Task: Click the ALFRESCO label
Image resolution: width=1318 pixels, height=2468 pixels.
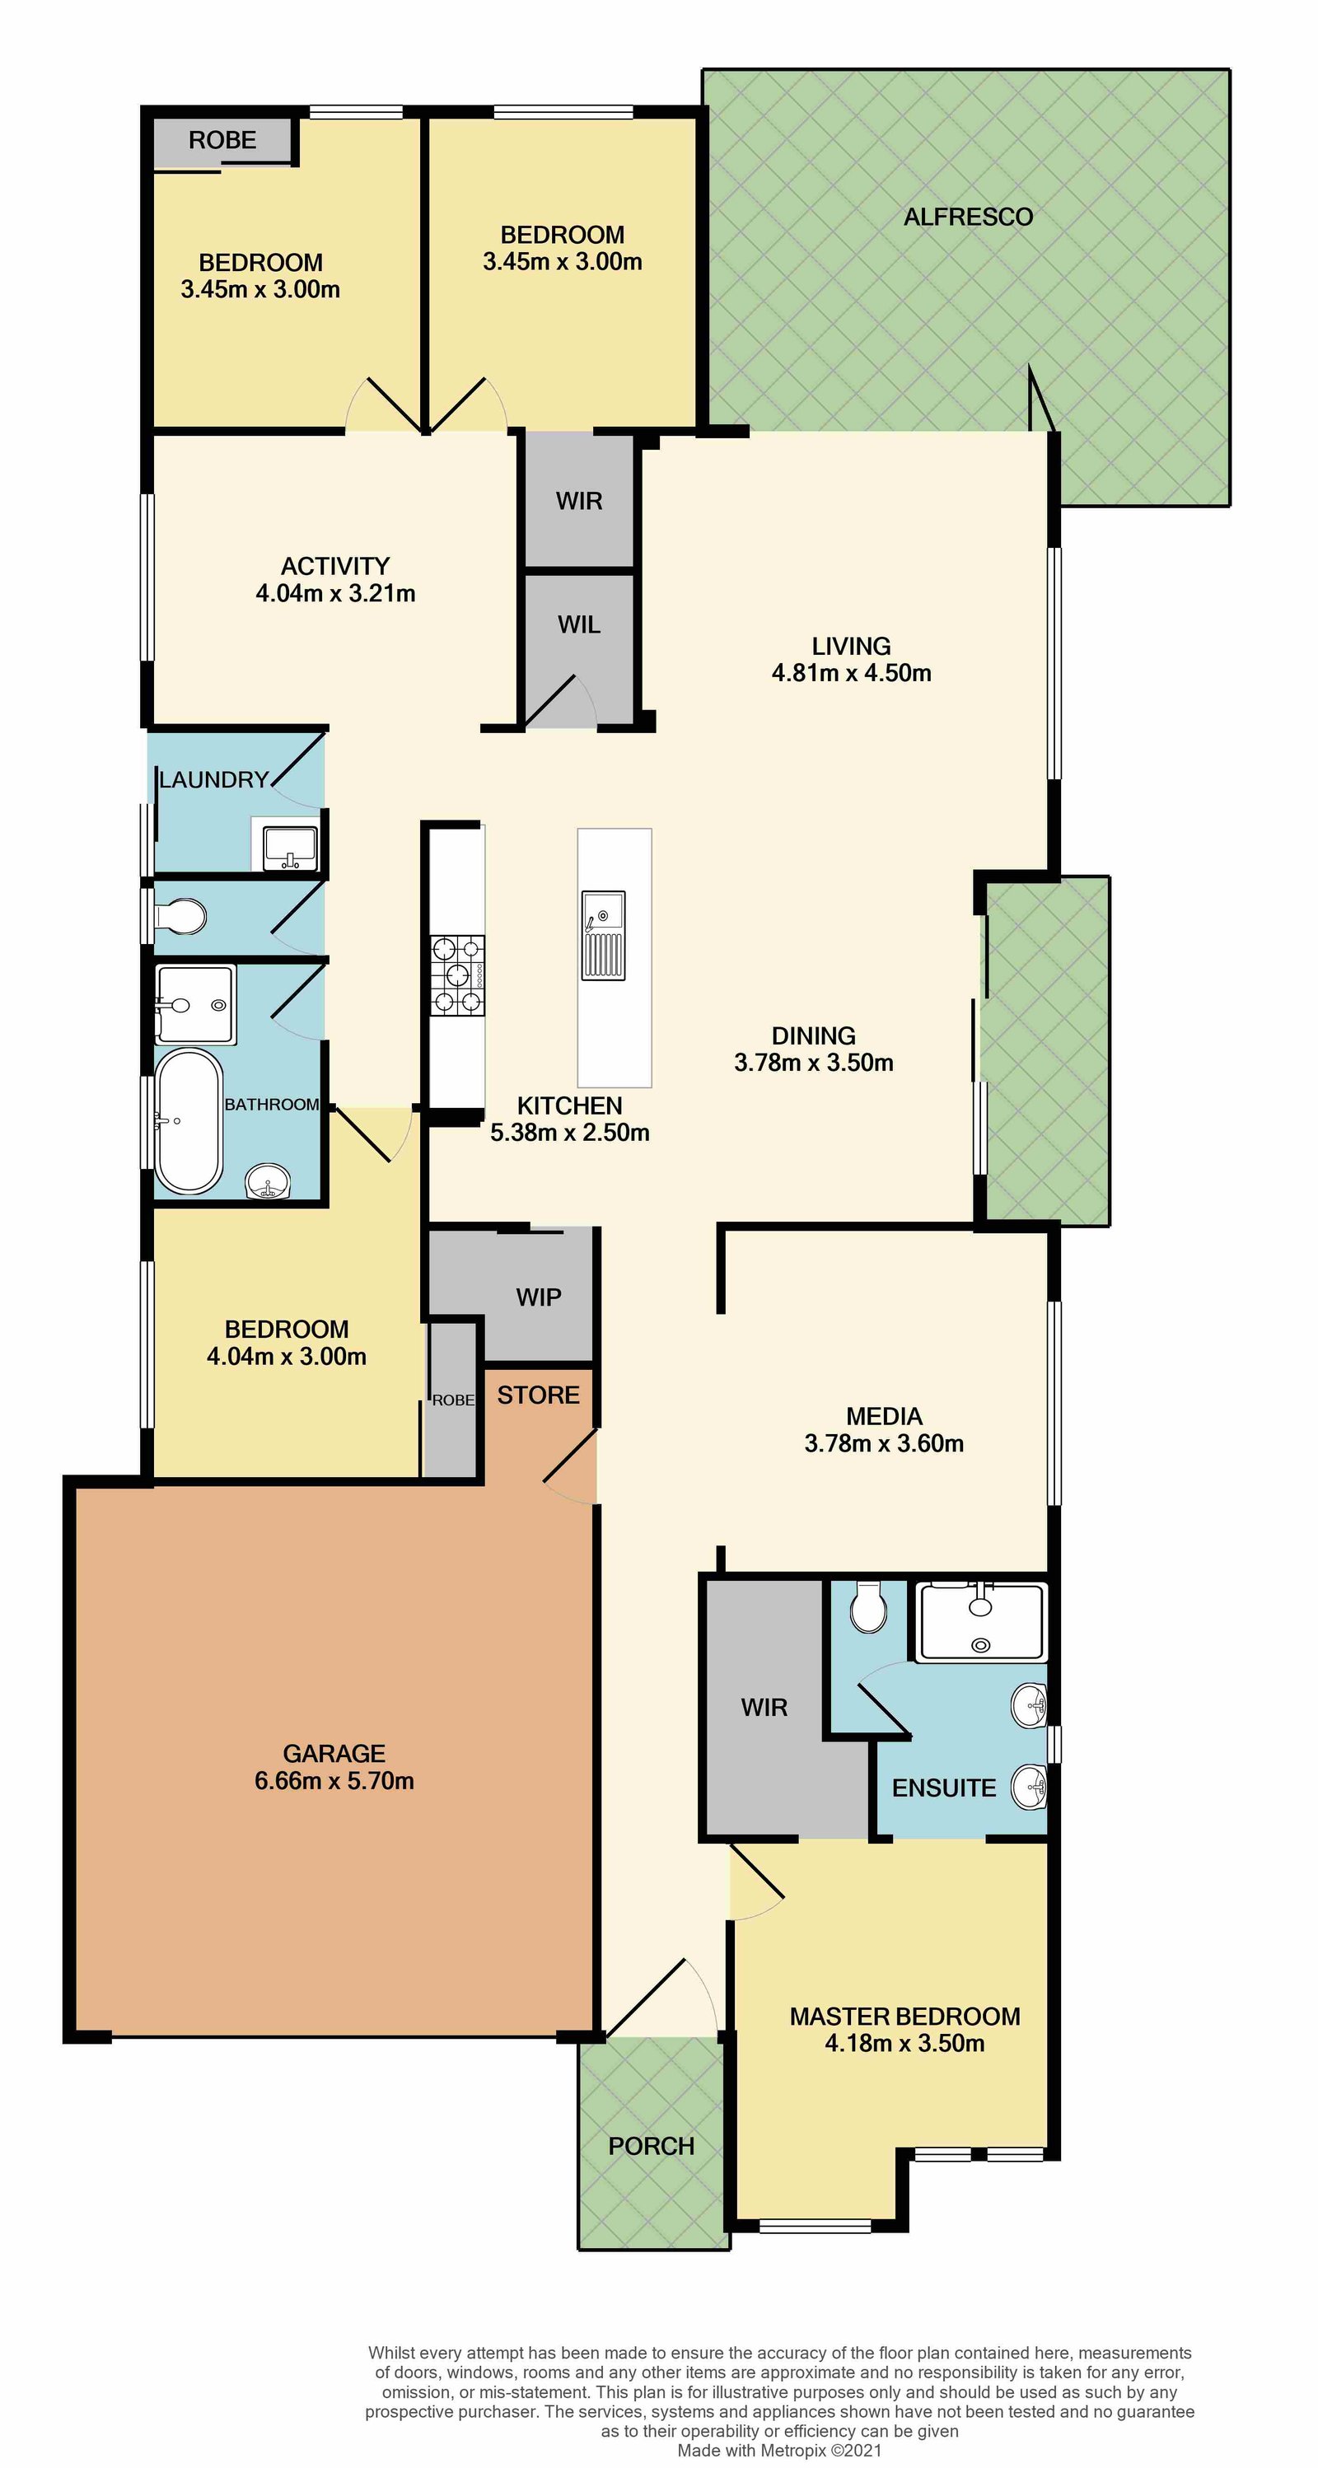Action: click(969, 217)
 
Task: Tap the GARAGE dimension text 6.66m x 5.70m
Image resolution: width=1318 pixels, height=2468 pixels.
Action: click(334, 1781)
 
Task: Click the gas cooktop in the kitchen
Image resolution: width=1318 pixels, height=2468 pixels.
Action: click(458, 975)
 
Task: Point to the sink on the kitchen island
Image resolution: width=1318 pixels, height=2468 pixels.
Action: click(604, 935)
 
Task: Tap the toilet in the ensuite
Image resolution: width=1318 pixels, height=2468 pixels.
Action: click(869, 1606)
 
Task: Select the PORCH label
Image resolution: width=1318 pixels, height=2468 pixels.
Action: click(652, 2146)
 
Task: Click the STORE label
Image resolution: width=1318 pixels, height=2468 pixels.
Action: click(538, 1395)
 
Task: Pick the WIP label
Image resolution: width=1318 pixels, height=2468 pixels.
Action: click(538, 1297)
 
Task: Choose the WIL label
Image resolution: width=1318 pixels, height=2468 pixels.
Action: click(579, 624)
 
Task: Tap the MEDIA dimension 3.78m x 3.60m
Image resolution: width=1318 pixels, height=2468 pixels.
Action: click(884, 1444)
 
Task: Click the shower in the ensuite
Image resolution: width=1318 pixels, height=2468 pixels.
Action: click(982, 1621)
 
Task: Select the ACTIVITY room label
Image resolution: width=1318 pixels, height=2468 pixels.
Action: click(335, 566)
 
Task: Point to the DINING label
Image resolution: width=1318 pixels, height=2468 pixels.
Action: click(814, 1035)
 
